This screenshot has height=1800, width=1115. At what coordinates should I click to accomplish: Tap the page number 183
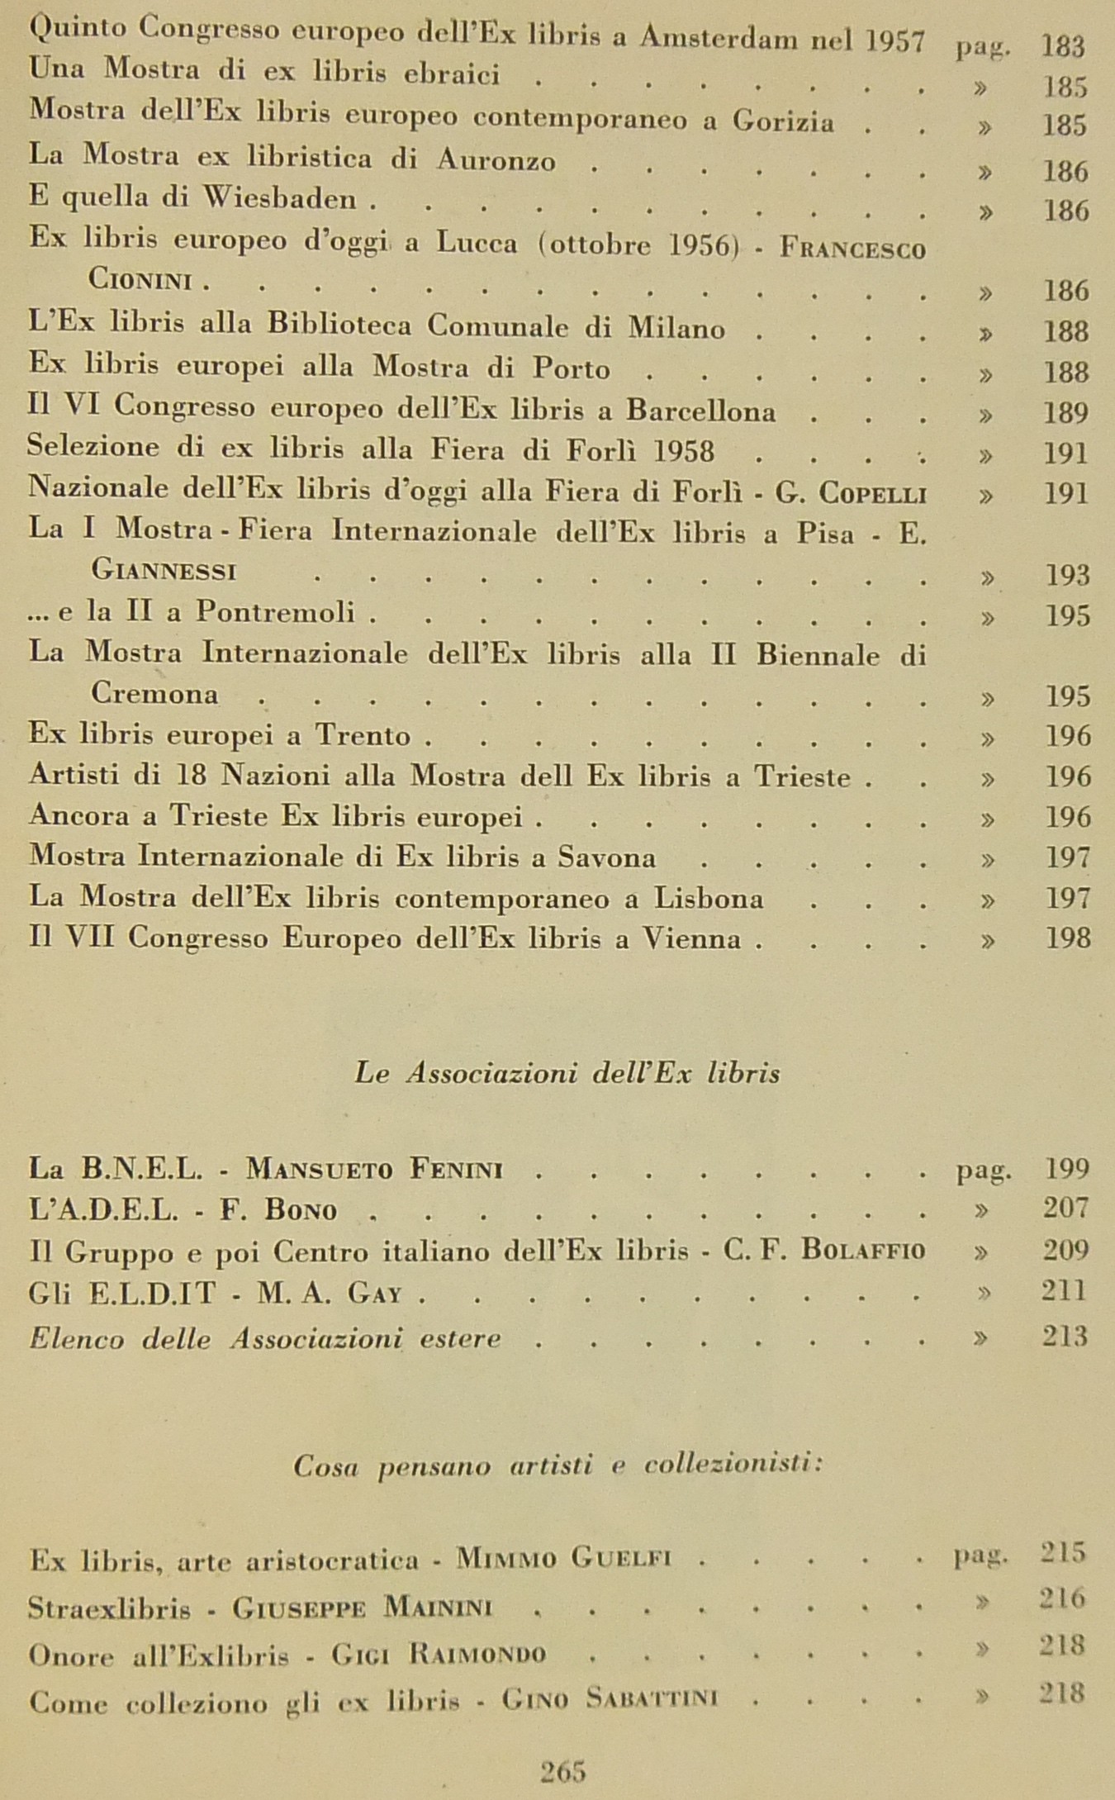tap(1063, 45)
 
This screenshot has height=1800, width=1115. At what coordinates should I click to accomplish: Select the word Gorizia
tap(782, 121)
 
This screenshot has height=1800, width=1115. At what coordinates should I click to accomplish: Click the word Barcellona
tap(700, 411)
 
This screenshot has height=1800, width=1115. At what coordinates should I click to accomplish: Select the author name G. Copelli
tap(851, 493)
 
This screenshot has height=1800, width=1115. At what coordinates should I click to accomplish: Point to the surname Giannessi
tap(164, 571)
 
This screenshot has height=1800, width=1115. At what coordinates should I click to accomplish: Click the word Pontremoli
tap(275, 612)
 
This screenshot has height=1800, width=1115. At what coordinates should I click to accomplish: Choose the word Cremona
tap(154, 693)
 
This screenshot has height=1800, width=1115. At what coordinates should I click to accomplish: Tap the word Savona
tap(606, 857)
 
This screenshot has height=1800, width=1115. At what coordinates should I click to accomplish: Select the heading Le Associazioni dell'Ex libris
tap(567, 1073)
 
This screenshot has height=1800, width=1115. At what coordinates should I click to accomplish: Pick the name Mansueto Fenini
tap(375, 1170)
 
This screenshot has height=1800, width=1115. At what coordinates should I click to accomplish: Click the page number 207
tap(1065, 1208)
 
